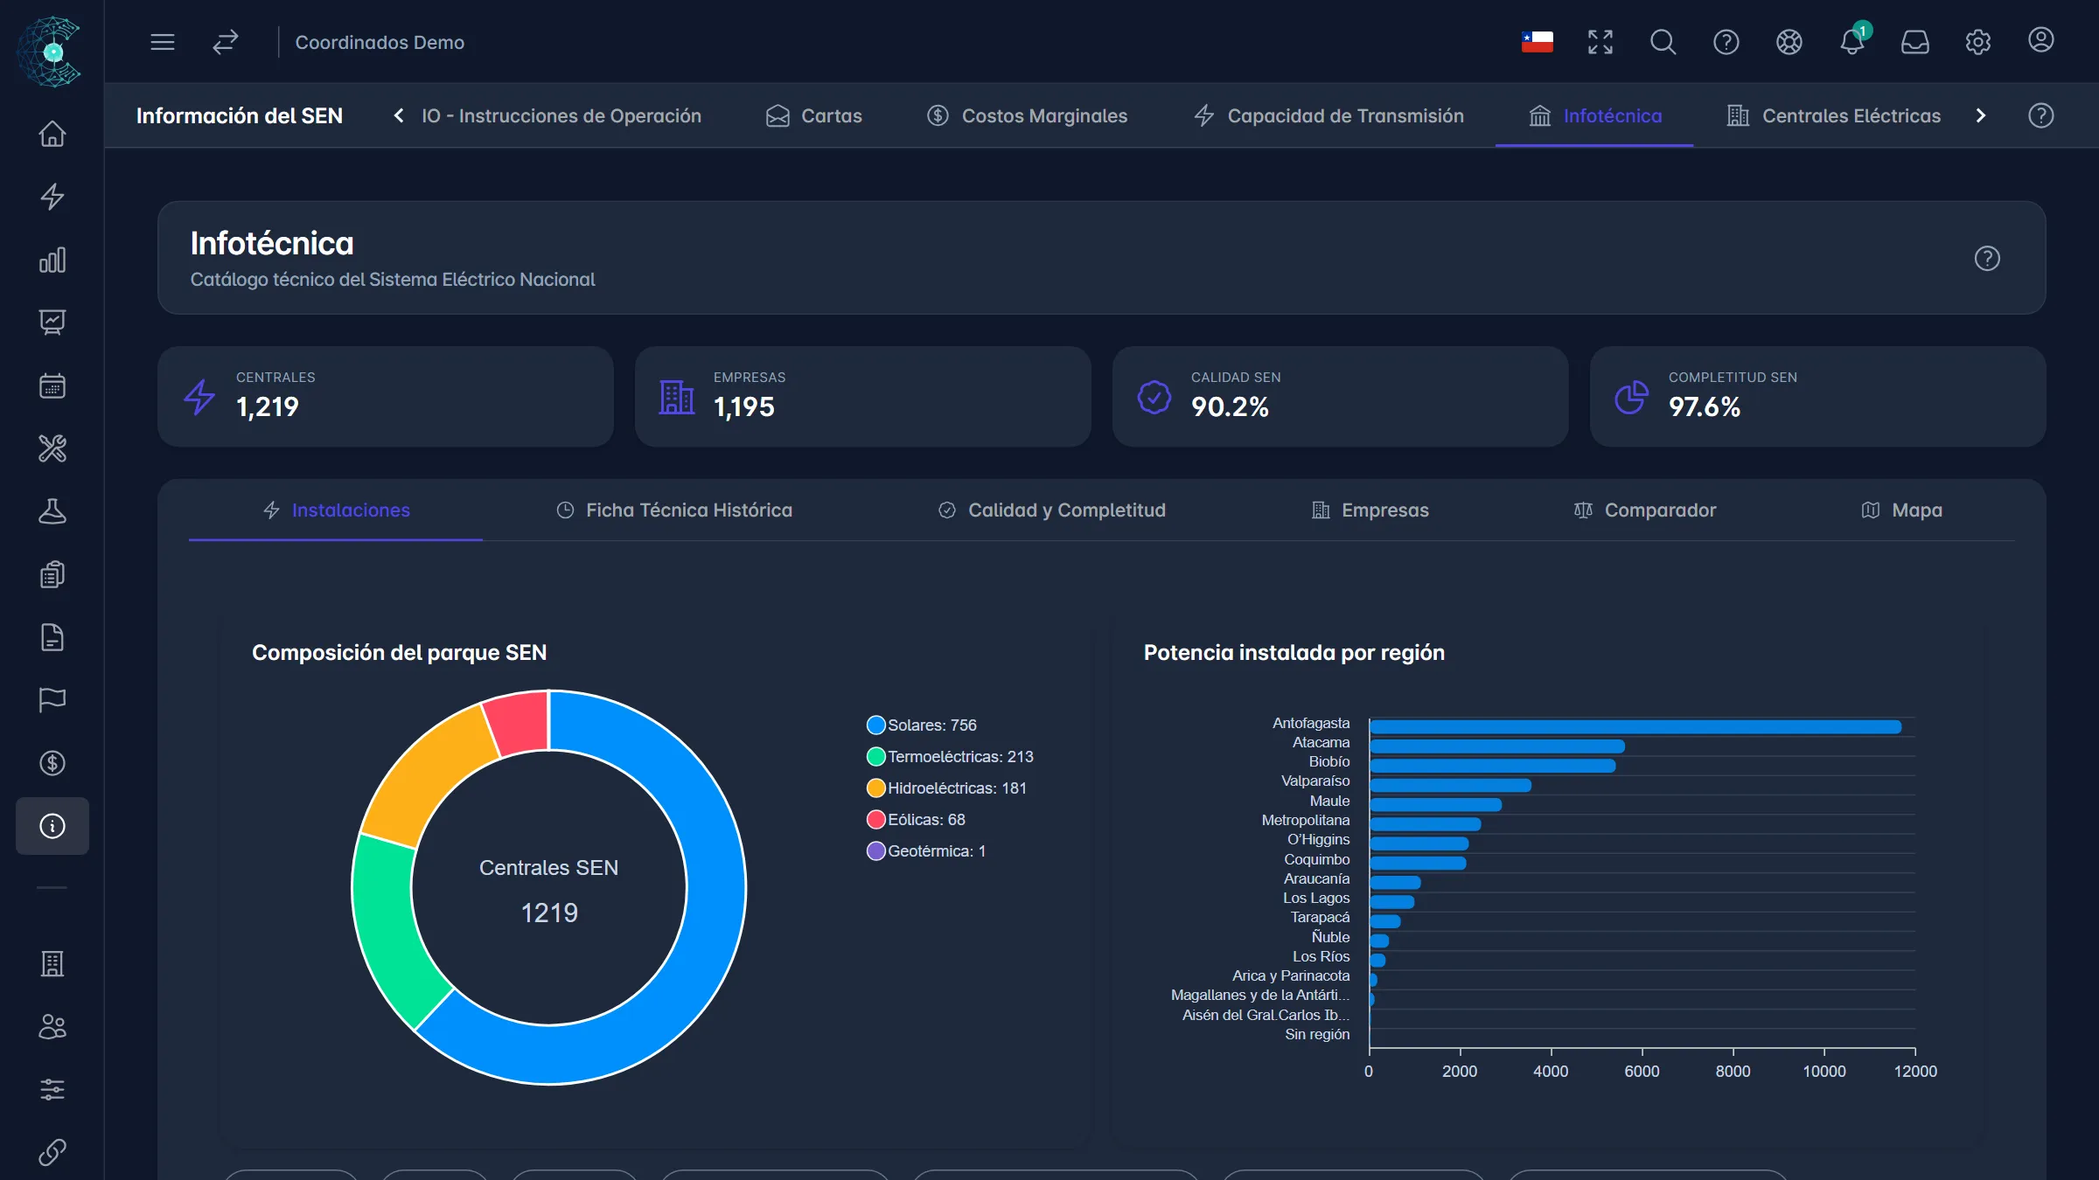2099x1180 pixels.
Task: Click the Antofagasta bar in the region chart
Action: coord(1635,727)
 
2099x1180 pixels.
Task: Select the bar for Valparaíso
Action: coord(1450,785)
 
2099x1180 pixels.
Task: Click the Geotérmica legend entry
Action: coord(926,851)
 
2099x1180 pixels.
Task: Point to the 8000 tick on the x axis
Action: coord(1733,1071)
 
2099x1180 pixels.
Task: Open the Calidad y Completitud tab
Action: coord(1051,510)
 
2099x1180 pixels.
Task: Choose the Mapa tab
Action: coord(1901,510)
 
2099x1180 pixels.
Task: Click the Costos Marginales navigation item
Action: coord(1027,116)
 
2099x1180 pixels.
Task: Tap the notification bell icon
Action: coord(1851,41)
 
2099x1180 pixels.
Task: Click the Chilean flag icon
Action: coord(1537,42)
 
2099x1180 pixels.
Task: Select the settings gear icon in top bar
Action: coord(1977,42)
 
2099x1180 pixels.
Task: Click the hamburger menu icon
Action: coord(163,42)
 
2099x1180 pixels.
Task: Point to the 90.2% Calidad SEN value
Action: coord(1230,407)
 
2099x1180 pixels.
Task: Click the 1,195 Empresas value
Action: coord(744,407)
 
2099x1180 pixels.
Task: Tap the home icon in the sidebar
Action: coord(52,134)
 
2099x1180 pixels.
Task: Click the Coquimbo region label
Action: coord(1316,859)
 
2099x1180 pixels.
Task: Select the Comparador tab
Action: coord(1644,510)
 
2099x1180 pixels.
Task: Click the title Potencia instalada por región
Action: coord(1294,653)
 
